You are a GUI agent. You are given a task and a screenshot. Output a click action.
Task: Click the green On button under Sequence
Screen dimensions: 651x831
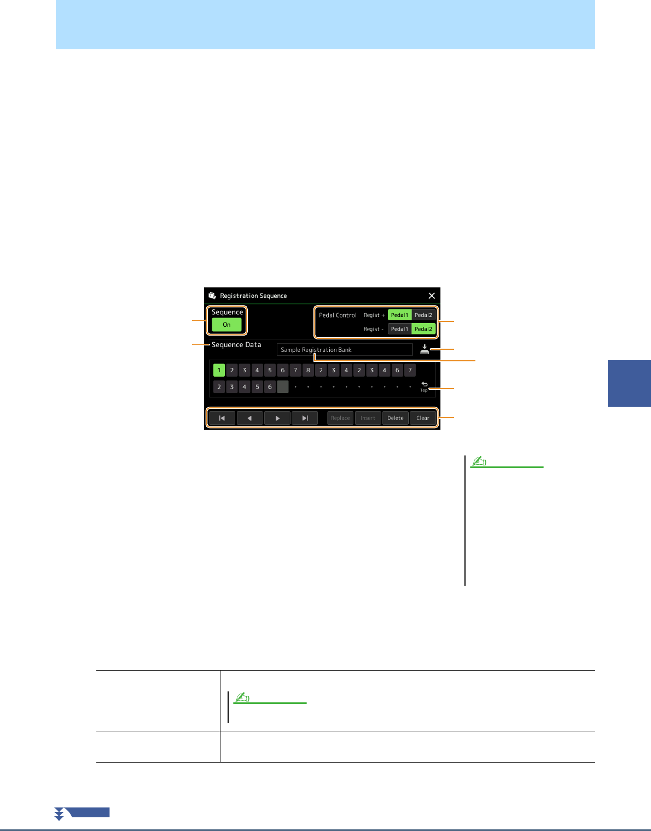point(226,325)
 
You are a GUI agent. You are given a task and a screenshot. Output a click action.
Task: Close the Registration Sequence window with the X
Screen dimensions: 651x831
point(432,296)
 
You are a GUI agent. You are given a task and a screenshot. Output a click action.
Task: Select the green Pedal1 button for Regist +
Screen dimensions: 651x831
point(399,315)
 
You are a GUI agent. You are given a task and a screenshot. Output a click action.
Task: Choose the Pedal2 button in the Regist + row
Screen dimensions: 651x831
point(423,315)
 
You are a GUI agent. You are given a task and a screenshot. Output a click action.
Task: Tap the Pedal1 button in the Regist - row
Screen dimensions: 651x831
point(399,329)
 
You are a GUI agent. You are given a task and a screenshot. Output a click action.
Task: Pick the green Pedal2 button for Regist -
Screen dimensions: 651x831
point(423,329)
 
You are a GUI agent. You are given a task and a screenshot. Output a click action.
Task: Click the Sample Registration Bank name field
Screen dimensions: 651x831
point(344,350)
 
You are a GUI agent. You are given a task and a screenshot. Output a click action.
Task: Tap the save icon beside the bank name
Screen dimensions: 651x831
point(425,350)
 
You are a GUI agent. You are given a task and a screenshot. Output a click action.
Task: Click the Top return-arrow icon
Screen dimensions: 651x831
point(424,386)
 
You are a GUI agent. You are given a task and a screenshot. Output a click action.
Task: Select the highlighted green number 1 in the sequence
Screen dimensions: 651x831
point(219,371)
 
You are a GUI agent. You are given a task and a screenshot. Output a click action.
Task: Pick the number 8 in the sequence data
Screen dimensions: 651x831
point(308,371)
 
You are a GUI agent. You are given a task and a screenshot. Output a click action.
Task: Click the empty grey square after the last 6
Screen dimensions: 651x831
point(282,387)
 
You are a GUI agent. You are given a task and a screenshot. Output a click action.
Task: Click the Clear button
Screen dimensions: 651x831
point(423,418)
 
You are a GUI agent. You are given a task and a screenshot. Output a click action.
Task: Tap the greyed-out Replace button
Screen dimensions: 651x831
point(340,418)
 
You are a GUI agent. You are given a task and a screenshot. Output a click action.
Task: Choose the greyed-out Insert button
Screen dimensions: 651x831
point(368,418)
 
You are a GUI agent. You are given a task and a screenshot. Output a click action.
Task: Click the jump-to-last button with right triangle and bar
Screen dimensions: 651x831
point(305,418)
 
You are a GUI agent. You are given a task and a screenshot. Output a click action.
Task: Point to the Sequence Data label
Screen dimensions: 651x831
point(236,345)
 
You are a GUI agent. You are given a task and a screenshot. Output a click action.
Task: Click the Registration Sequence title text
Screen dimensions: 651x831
point(253,296)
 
